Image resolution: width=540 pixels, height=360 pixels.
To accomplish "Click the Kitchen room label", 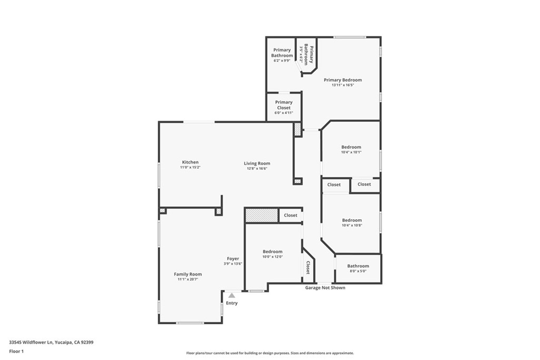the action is (x=190, y=162).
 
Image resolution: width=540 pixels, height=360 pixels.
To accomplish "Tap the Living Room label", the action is (x=257, y=163).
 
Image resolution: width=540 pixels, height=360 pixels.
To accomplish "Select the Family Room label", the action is (x=188, y=274).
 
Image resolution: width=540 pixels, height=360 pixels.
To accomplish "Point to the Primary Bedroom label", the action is (x=343, y=80).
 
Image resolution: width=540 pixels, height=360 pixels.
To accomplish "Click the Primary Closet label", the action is (x=284, y=105).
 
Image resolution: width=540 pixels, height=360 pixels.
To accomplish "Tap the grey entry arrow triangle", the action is (x=232, y=295).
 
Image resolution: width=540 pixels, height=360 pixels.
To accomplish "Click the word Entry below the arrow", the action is (x=232, y=303).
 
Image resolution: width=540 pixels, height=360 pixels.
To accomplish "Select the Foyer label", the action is (x=233, y=259).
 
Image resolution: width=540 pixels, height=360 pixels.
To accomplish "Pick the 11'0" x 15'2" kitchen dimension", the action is (x=190, y=167).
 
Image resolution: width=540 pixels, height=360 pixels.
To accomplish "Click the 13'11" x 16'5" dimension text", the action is (x=343, y=85).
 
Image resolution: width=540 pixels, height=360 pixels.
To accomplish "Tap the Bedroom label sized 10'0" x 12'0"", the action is (x=273, y=251).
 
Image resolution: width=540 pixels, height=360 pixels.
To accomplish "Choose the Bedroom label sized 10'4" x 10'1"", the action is (x=351, y=147).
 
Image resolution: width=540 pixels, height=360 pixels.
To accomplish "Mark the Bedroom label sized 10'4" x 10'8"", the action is (x=352, y=220).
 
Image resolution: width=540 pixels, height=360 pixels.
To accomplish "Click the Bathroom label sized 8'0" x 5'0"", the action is (x=358, y=266).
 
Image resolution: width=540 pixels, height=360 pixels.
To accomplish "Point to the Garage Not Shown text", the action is (x=325, y=288).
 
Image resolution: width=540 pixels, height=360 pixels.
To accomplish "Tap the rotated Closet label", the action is (x=308, y=267).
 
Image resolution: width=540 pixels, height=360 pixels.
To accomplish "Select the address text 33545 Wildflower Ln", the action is (x=31, y=343).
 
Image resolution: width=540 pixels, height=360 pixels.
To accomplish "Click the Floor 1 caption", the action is (x=16, y=352).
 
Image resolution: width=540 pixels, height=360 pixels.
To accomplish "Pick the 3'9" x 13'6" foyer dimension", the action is (x=233, y=264).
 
